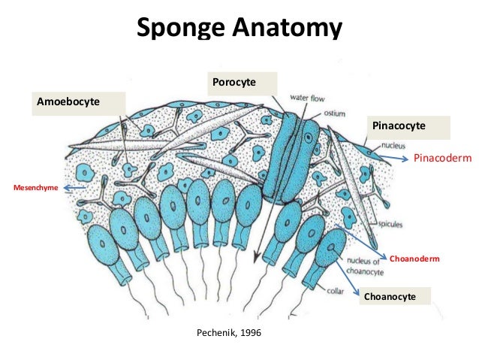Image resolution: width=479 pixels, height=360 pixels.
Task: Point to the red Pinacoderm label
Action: coord(442,159)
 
